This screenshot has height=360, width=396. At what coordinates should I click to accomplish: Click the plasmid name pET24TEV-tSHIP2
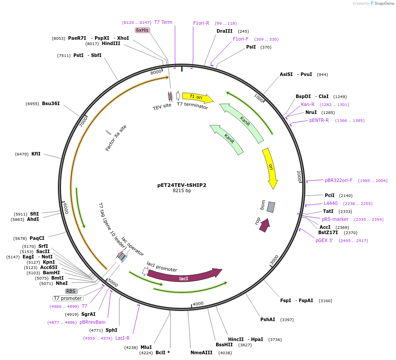point(182,185)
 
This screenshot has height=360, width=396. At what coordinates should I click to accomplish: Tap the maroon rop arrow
point(264,225)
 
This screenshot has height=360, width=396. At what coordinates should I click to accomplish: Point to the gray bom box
point(271,207)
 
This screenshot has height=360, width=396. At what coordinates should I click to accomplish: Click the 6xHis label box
point(143,30)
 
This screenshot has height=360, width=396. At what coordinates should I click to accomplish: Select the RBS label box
point(71,291)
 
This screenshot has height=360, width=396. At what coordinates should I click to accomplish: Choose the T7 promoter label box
point(68,298)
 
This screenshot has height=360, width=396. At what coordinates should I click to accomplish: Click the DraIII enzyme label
point(225,31)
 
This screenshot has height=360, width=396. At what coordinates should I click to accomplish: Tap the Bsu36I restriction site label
point(51,103)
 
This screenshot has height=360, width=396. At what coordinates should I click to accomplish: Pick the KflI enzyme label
point(36,154)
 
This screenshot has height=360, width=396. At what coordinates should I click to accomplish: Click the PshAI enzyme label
point(268,319)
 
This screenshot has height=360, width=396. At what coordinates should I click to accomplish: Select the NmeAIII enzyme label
point(202,352)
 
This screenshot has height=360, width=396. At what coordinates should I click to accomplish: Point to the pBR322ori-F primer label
point(339,180)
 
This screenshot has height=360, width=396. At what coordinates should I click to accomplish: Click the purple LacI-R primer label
point(122,338)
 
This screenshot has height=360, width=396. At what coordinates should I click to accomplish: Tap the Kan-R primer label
point(308,104)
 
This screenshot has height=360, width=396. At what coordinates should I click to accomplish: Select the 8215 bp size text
point(182,191)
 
